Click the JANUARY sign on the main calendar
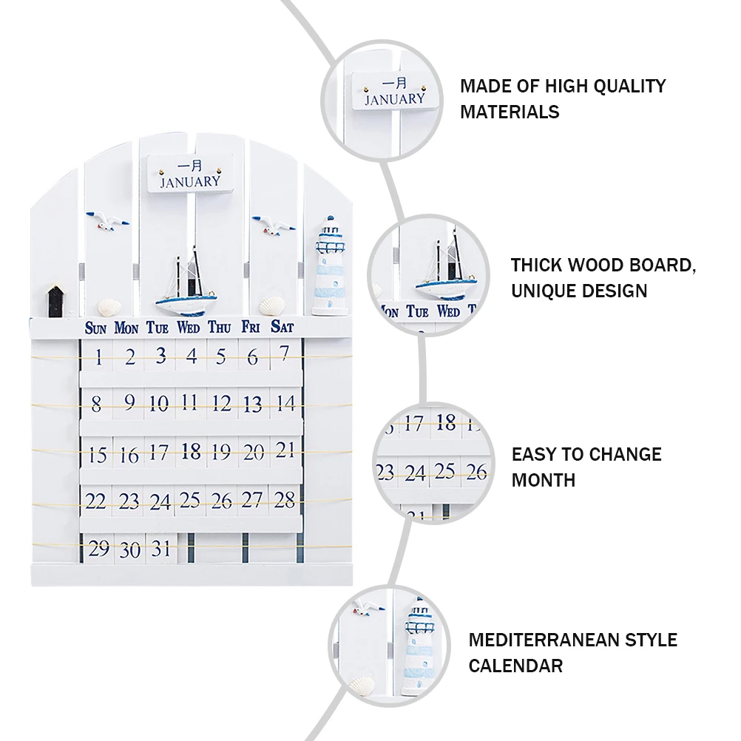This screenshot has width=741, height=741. click(x=189, y=175)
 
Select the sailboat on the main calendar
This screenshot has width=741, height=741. click(x=189, y=285)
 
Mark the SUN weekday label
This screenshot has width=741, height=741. click(x=96, y=328)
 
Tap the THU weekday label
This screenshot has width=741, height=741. click(x=220, y=327)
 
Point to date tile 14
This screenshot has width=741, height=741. click(x=284, y=404)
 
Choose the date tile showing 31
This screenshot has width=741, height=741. click(x=160, y=549)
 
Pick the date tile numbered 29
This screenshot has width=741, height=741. click(x=98, y=549)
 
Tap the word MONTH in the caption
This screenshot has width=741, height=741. click(x=543, y=480)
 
